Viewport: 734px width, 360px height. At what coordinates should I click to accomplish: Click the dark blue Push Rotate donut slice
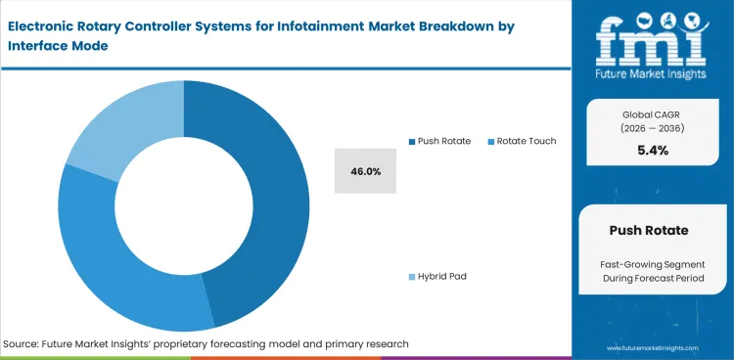(273, 196)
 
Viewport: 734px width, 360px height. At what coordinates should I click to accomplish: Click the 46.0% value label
(365, 171)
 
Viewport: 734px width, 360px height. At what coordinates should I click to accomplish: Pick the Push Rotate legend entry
(443, 141)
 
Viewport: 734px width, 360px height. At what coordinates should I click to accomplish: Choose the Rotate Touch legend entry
(526, 141)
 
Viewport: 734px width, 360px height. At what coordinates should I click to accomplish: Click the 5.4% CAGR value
(652, 150)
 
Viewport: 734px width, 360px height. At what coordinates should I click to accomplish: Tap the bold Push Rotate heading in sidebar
(652, 231)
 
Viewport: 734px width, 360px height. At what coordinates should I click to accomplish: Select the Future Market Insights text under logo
(652, 72)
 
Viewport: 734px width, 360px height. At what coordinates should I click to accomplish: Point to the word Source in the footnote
(23, 344)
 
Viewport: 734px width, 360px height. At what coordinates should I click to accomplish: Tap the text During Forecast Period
(652, 279)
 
